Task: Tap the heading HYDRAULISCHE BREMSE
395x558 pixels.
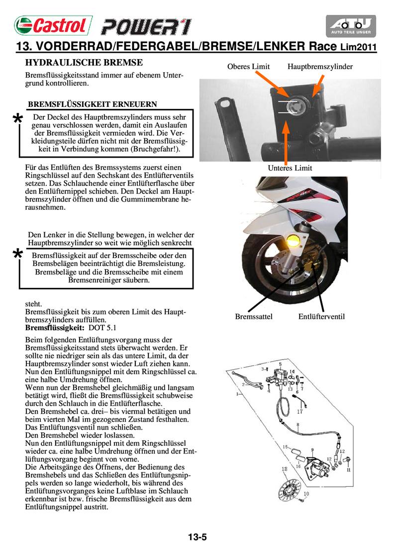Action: [x=84, y=63]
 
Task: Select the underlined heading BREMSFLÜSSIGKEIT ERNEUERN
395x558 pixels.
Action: [x=93, y=104]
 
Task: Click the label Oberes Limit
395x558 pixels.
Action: [x=248, y=67]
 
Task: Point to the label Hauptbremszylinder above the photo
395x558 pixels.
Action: [x=320, y=67]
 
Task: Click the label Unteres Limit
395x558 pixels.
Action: [x=290, y=168]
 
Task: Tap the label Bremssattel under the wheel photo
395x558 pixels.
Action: [x=253, y=317]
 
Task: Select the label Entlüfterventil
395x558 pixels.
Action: [x=321, y=317]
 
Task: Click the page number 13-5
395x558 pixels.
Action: [x=197, y=537]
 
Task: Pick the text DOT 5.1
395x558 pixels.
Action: [x=102, y=329]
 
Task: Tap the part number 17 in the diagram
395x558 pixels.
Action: [x=300, y=412]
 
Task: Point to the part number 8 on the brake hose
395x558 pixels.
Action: [x=297, y=425]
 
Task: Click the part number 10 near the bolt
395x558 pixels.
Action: [x=306, y=494]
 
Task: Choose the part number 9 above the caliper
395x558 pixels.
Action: [x=312, y=450]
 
